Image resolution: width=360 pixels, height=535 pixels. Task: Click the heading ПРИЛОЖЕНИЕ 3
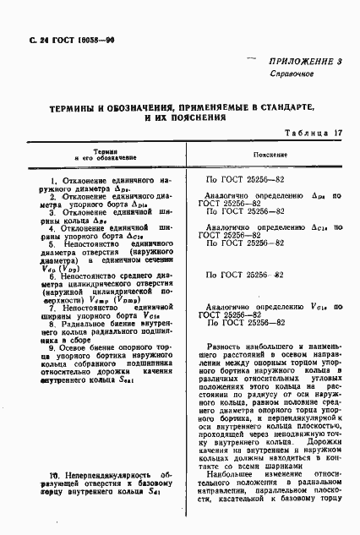[305, 63]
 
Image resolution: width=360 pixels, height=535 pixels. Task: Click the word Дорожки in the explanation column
[323, 463]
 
